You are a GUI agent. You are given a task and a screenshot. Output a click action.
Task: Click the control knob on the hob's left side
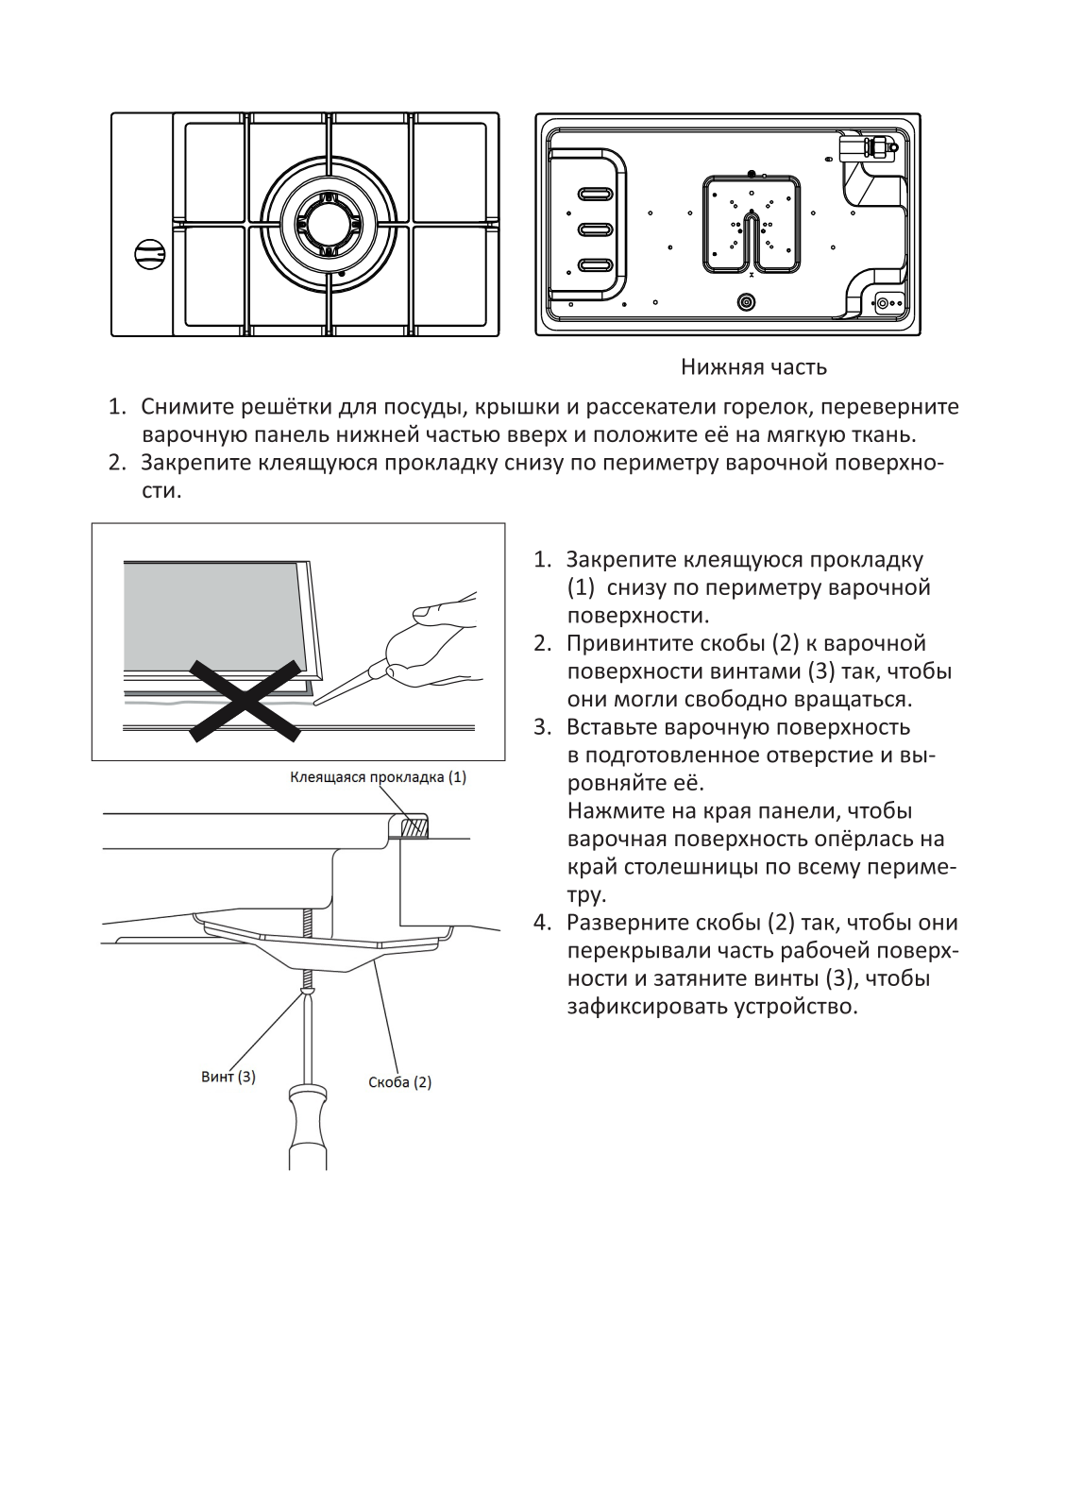tap(149, 252)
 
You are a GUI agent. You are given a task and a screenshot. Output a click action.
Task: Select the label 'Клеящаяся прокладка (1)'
tap(378, 777)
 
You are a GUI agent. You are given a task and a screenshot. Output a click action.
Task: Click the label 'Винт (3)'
tap(228, 1076)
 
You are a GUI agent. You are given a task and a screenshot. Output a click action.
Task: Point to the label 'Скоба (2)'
tap(399, 1081)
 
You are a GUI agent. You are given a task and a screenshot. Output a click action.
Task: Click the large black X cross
tap(245, 699)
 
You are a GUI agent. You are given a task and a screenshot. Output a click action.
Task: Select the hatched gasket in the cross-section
tap(414, 827)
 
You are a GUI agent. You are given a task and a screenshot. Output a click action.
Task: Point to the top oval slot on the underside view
tap(595, 195)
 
